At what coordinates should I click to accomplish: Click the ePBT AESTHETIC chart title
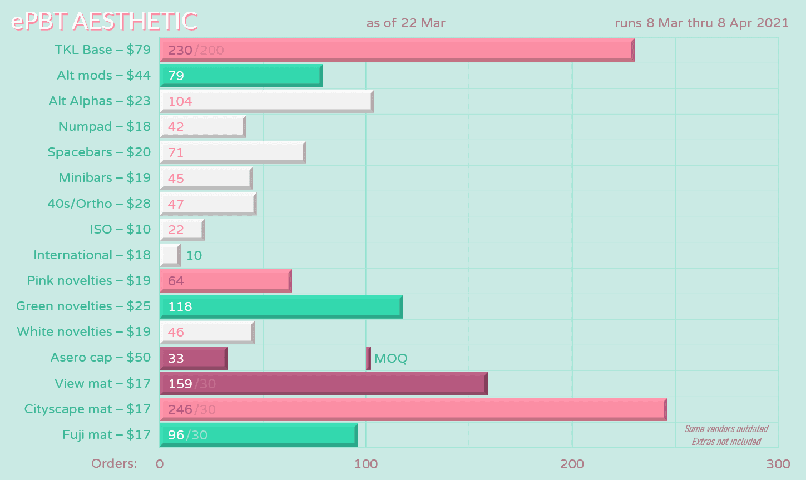[x=104, y=22]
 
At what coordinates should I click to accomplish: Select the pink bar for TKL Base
[x=396, y=50]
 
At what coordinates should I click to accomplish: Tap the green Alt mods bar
[x=241, y=76]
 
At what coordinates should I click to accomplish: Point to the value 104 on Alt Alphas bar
[x=180, y=101]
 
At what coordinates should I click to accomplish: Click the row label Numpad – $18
[x=104, y=127]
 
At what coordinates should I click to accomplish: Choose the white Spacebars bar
[x=233, y=152]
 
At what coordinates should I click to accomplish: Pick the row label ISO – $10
[x=120, y=229]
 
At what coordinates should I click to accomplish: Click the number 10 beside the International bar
[x=194, y=255]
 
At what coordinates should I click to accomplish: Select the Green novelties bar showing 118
[x=281, y=306]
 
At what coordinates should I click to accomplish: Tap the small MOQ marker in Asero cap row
[x=368, y=358]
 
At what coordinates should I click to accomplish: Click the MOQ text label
[x=390, y=358]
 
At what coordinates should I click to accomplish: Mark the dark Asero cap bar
[x=194, y=358]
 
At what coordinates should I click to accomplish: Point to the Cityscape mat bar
[x=413, y=409]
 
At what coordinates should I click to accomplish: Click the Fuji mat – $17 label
[x=106, y=434]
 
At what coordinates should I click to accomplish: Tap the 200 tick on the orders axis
[x=572, y=464]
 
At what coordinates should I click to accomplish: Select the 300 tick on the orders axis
[x=778, y=464]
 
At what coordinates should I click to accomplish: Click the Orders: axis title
[x=114, y=463]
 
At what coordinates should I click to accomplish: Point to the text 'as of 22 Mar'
[x=406, y=23]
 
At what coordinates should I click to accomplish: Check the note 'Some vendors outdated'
[x=726, y=429]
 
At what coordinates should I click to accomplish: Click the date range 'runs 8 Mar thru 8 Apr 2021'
[x=701, y=23]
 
